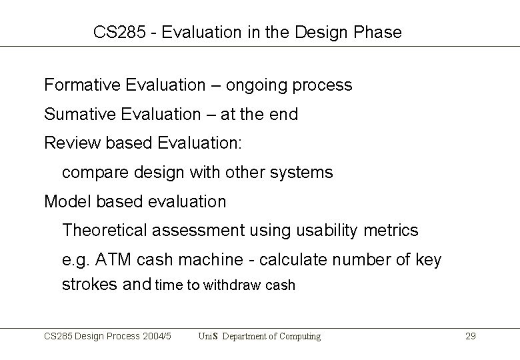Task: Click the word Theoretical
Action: pyautogui.click(x=105, y=231)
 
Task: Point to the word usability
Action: pyautogui.click(x=328, y=231)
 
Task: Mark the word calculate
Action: pyautogui.click(x=295, y=260)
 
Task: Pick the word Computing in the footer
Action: pyautogui.click(x=297, y=337)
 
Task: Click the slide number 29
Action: pyautogui.click(x=470, y=337)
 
